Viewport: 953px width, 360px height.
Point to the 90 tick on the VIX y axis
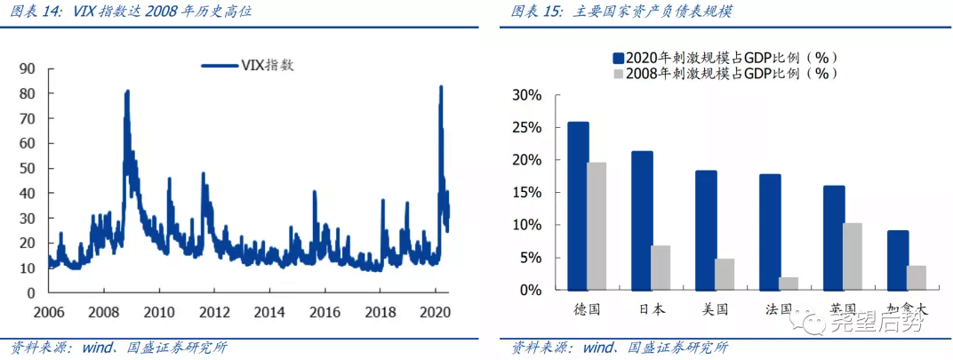click(28, 68)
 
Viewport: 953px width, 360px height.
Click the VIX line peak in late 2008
click(127, 92)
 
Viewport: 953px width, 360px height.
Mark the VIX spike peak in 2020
click(440, 87)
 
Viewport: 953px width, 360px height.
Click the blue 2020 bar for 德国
click(578, 205)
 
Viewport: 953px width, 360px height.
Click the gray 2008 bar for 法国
click(789, 283)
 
